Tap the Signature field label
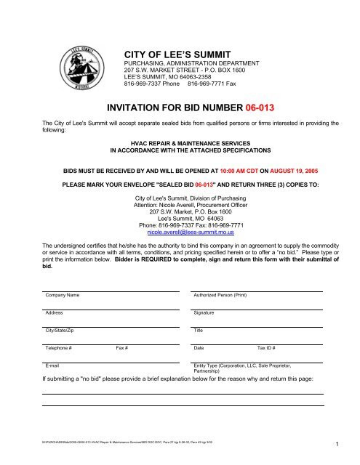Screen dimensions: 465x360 (x=204, y=313)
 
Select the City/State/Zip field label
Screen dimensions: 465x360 (x=60, y=331)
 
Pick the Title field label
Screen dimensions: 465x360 (x=198, y=331)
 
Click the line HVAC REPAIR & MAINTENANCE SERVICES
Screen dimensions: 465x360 (x=180, y=144)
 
